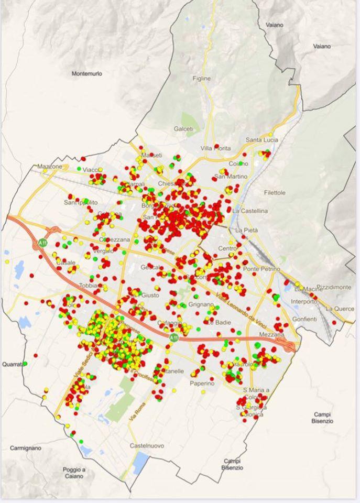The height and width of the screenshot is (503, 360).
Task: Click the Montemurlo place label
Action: (87, 74)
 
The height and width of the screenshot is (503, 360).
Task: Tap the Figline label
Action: (202, 79)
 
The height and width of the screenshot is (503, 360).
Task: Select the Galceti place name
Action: (183, 129)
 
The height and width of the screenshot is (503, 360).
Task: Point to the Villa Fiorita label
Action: (215, 148)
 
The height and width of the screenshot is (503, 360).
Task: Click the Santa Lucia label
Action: (262, 140)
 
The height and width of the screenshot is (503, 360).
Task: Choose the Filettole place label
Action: (275, 193)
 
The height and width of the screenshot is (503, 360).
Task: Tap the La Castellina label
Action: (250, 211)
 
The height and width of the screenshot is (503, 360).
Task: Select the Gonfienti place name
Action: (305, 319)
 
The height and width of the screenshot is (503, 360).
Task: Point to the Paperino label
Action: (202, 384)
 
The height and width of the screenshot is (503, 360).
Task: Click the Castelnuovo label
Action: (147, 446)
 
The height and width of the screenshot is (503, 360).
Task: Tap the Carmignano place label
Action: (26, 448)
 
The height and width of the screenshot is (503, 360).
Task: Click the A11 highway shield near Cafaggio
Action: (173, 338)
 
